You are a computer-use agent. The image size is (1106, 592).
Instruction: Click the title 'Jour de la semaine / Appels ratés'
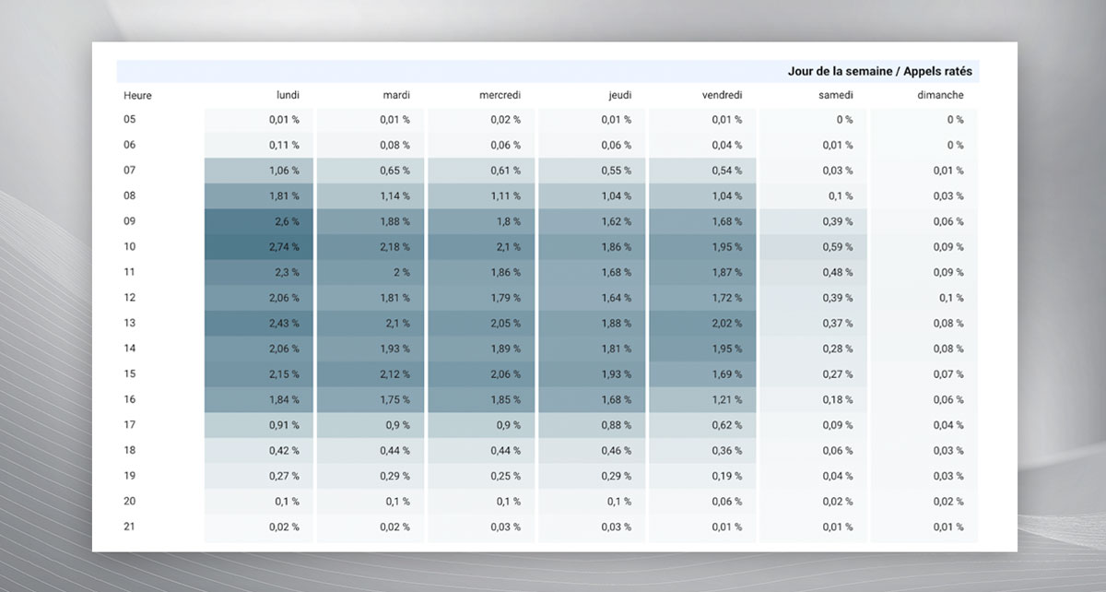point(879,71)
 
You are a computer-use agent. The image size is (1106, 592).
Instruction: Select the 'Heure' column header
point(137,95)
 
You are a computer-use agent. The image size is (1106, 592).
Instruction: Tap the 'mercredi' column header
point(500,95)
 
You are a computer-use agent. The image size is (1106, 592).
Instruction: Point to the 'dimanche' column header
point(940,95)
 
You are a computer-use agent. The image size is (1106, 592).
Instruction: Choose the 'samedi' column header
point(835,95)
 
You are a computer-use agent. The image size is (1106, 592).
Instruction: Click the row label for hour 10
point(130,247)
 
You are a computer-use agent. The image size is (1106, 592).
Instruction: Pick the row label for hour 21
point(130,527)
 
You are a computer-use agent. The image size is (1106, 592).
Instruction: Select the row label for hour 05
point(130,120)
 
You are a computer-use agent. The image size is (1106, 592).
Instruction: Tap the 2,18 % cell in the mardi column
point(394,247)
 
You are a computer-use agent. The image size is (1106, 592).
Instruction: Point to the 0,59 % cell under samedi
point(837,247)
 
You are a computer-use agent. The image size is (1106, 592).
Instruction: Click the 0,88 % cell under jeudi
point(616,425)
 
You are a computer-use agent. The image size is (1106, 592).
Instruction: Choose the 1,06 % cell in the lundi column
point(283,171)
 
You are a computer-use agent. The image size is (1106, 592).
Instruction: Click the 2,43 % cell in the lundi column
point(283,324)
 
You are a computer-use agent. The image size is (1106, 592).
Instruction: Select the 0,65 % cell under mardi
point(394,171)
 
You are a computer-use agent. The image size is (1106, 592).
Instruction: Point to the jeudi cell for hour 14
point(616,349)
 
